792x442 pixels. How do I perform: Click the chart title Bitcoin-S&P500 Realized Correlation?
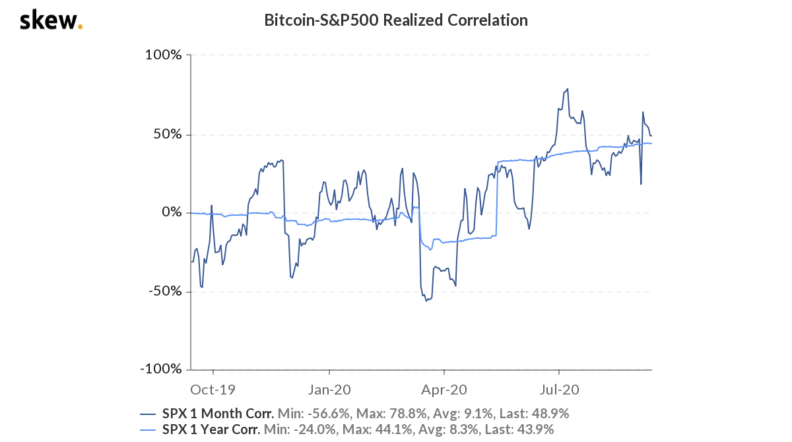(x=396, y=20)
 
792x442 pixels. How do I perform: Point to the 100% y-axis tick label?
(x=163, y=55)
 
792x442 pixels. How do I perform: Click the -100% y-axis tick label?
(x=160, y=369)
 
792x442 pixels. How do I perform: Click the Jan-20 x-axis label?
(x=329, y=389)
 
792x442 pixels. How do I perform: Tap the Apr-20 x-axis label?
(x=444, y=389)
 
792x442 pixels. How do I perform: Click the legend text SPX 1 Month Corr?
(x=218, y=414)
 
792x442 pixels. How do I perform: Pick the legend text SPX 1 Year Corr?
(x=213, y=430)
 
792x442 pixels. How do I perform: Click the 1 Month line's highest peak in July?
(x=568, y=89)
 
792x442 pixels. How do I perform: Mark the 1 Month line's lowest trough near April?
(x=426, y=301)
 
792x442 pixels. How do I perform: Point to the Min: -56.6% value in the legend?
(x=314, y=414)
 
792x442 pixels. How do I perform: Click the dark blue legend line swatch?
(x=148, y=414)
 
